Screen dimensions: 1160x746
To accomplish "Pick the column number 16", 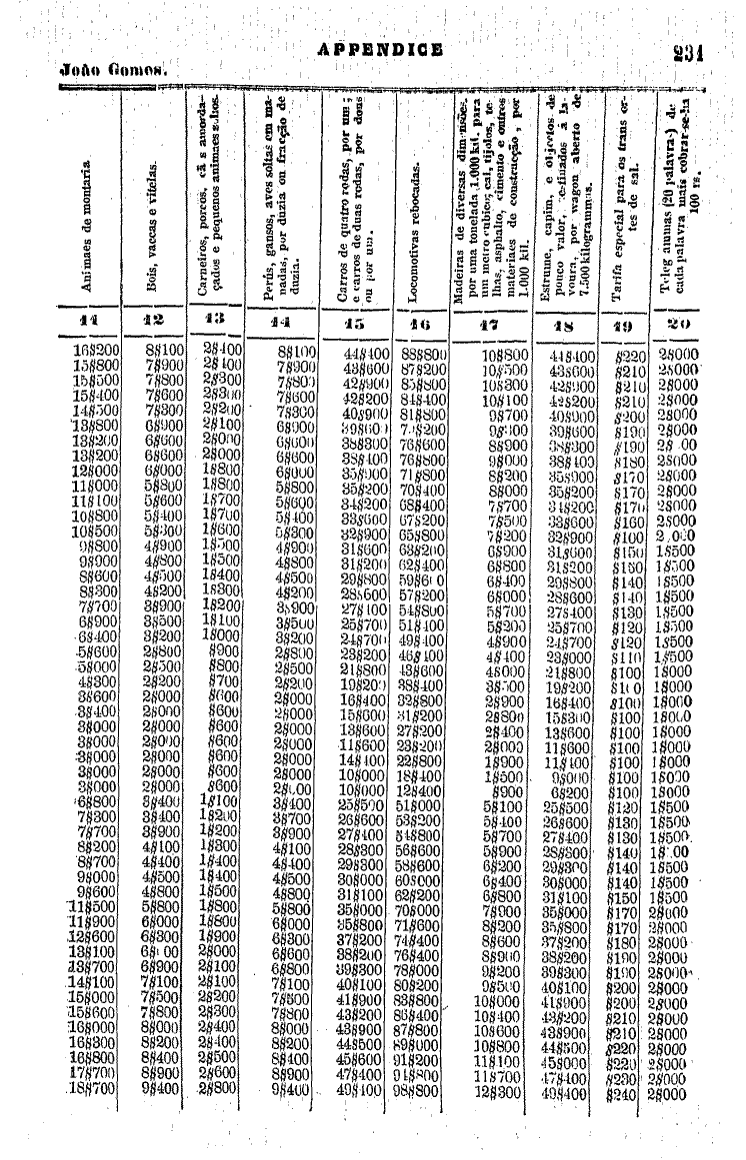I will point(422,324).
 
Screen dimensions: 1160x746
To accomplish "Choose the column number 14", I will point(290,324).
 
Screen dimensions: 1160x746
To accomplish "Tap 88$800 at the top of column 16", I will point(423,353).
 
